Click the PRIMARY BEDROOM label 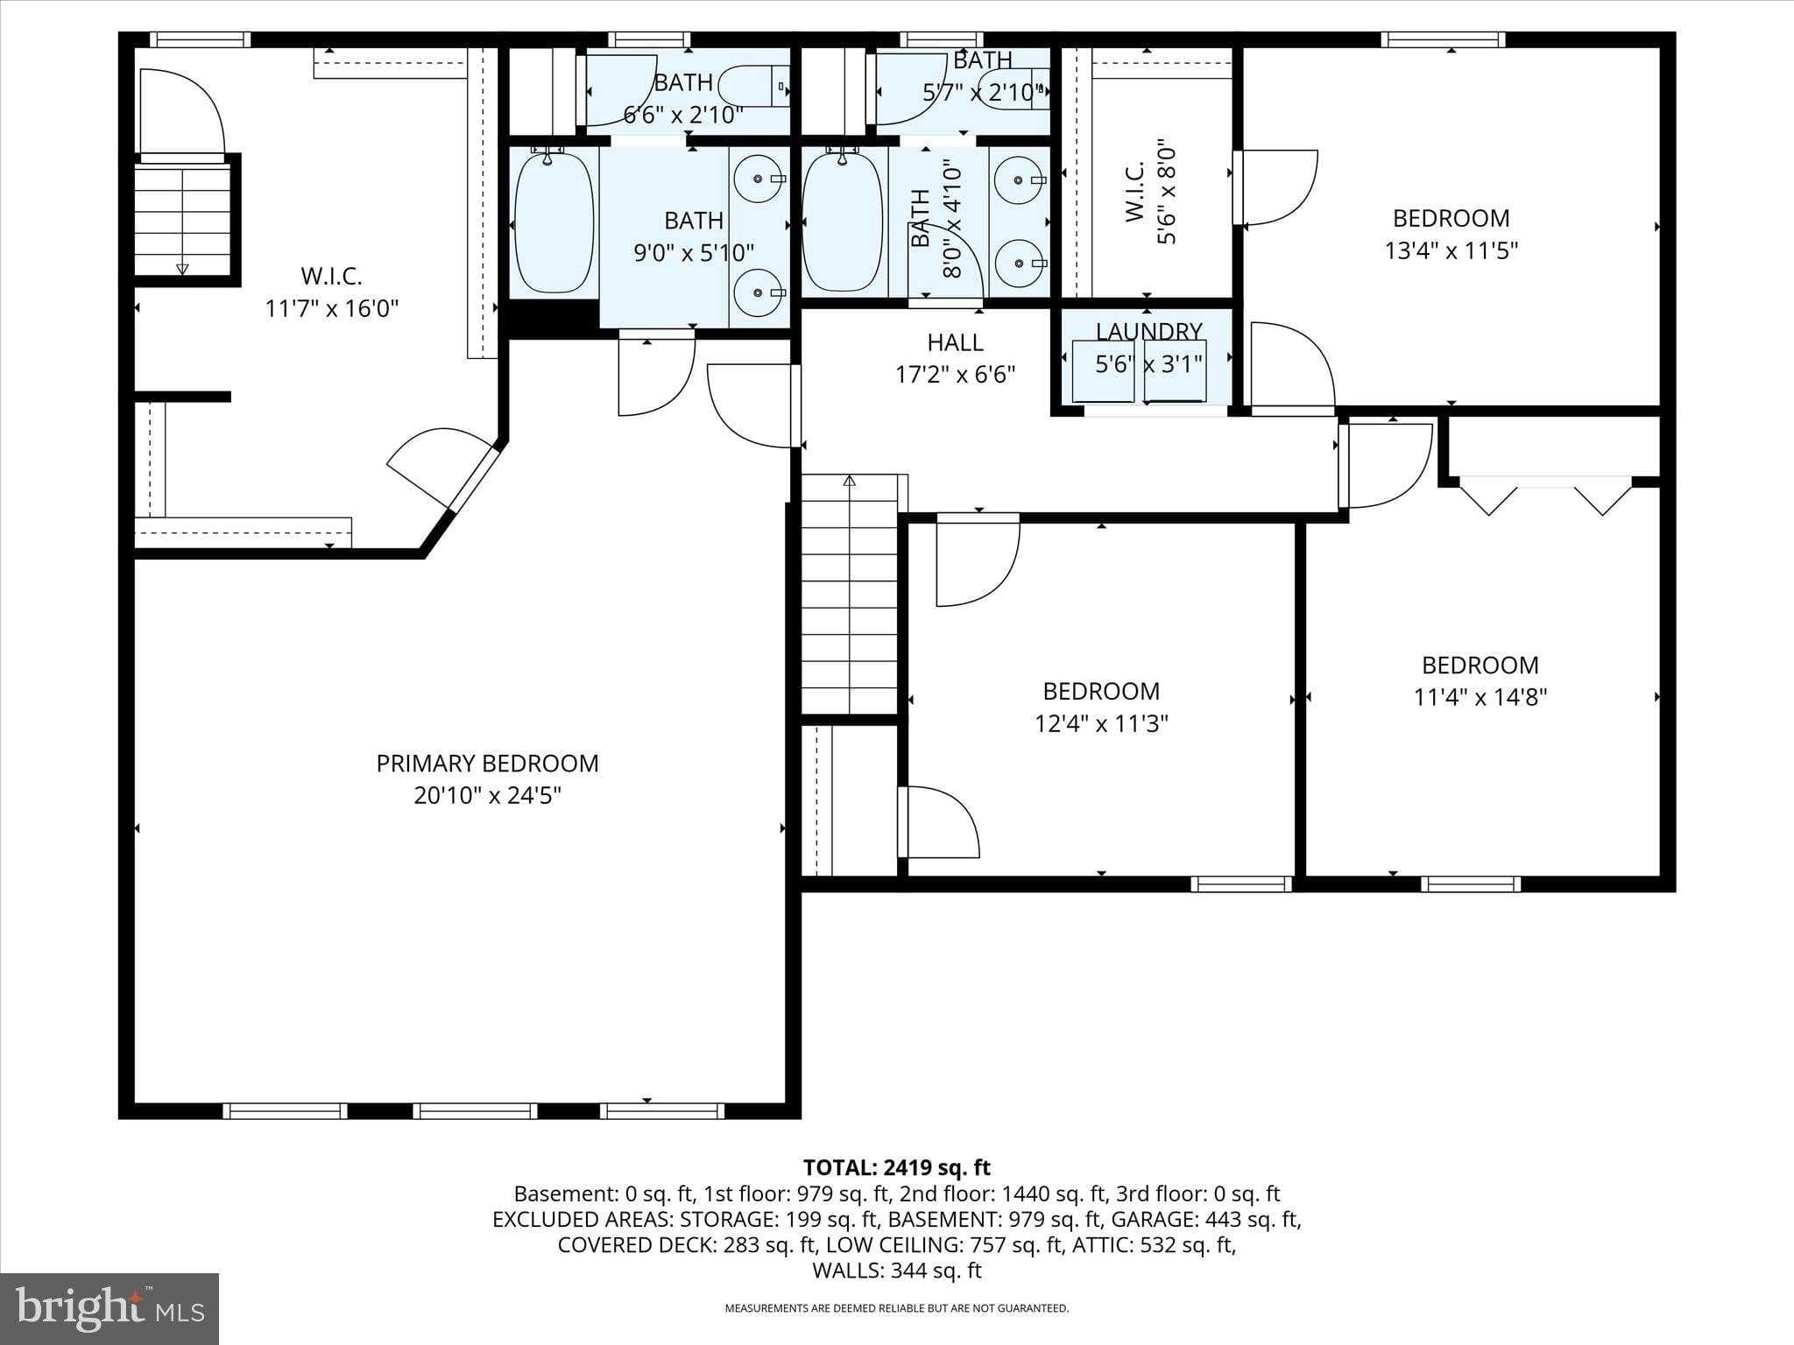487,763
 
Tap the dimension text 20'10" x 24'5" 487,796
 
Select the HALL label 955,342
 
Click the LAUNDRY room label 1148,331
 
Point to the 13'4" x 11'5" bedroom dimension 1451,251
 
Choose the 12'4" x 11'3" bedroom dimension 1101,724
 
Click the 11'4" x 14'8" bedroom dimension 1480,698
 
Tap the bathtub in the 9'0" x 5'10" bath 554,223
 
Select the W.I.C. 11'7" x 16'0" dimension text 331,309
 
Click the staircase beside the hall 850,595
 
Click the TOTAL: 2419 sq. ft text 896,1167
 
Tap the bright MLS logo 109,1308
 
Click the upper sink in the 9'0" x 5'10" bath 756,180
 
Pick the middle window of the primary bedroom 475,1111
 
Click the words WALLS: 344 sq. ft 896,1271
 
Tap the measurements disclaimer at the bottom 896,1308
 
